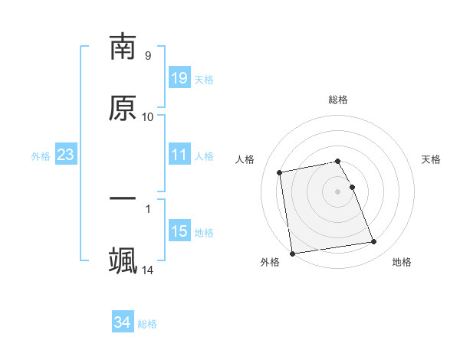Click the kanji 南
(x=123, y=47)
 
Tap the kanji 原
(x=123, y=108)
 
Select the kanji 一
(x=123, y=199)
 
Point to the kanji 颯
(x=123, y=260)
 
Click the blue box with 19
(x=179, y=78)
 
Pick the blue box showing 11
(x=179, y=155)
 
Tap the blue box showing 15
(x=179, y=231)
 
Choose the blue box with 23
(x=66, y=155)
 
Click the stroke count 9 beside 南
(x=147, y=56)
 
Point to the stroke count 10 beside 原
(x=148, y=117)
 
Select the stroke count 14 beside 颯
(x=148, y=270)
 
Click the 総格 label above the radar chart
(x=338, y=100)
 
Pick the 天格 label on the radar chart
(x=431, y=159)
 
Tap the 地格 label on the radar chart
(x=402, y=263)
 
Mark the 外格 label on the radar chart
(x=270, y=263)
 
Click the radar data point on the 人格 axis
(x=280, y=172)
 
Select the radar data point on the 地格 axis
(x=374, y=242)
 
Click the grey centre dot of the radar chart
(x=338, y=191)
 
